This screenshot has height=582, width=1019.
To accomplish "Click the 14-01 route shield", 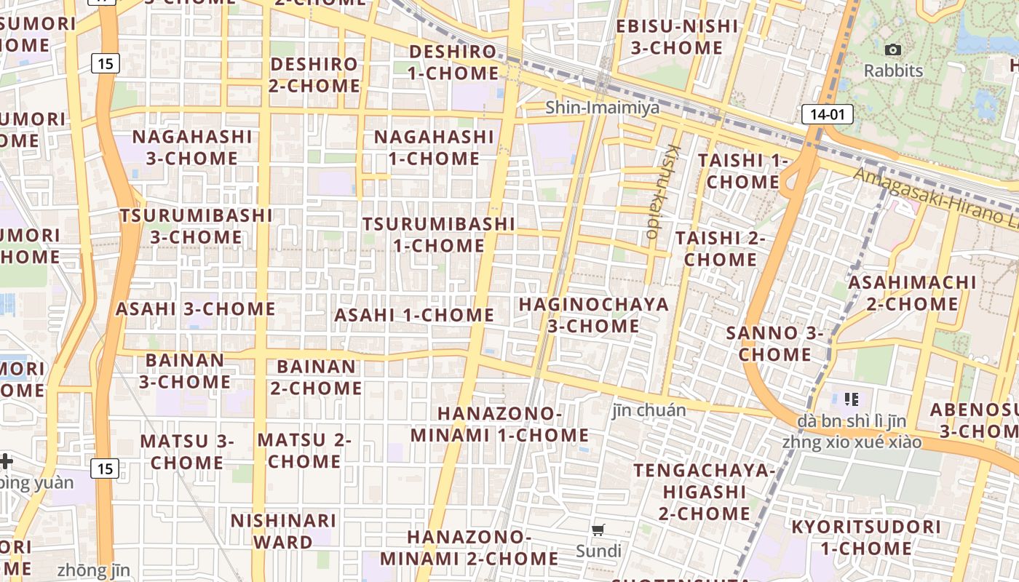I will coord(827,114).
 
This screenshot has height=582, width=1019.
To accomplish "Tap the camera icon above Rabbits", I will coord(893,50).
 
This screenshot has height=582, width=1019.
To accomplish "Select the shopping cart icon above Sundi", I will coord(598,530).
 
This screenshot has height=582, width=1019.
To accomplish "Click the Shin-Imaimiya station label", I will coord(603,108).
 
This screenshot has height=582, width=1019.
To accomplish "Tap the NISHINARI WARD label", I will coord(283,531).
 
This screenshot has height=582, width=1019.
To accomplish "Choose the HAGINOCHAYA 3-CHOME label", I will coord(593,315).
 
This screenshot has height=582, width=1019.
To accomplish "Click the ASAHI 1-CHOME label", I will coord(414,315).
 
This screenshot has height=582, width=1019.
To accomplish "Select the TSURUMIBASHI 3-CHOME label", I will coord(197,226).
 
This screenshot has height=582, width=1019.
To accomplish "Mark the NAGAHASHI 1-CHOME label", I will coord(434,148).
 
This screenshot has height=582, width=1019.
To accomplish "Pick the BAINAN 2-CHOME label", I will coord(316,377).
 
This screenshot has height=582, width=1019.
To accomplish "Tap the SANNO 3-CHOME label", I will coord(774,344).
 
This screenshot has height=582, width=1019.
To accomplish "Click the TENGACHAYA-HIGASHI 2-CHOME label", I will coord(704,492).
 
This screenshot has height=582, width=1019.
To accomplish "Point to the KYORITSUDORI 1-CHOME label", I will coord(865,538).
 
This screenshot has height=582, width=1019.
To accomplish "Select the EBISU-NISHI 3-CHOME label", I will coord(677,37).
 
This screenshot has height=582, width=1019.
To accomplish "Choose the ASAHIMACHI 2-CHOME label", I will coord(912,292).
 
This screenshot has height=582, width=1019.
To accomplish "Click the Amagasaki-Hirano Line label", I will coord(935,197).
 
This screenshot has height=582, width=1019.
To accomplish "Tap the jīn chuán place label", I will coord(649,410).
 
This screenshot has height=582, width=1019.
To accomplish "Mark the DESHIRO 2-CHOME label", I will coord(314,74).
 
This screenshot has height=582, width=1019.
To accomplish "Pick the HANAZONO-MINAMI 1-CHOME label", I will coord(499,424).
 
